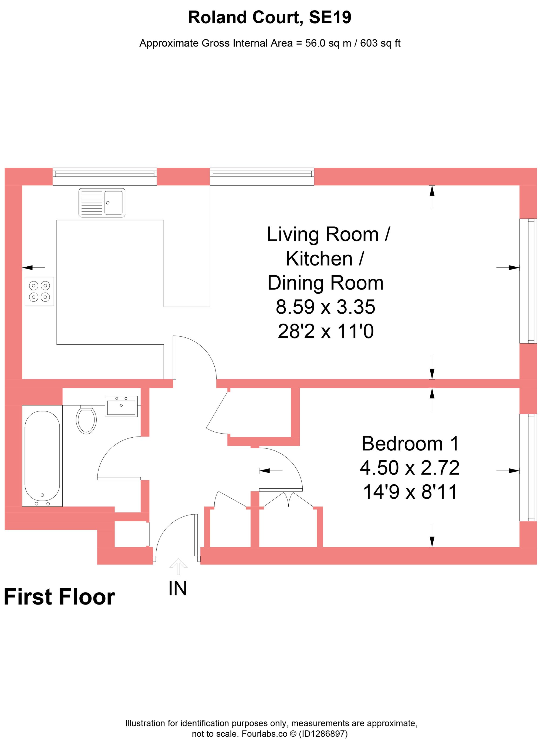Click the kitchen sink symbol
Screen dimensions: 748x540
point(102,203)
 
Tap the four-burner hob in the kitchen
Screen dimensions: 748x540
point(39,291)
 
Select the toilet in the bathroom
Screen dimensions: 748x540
point(86,419)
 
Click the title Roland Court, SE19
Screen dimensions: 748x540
point(269,17)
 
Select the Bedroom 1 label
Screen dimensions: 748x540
point(410,444)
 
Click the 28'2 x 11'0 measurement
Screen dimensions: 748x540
point(325,331)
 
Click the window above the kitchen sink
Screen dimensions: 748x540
point(104,176)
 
